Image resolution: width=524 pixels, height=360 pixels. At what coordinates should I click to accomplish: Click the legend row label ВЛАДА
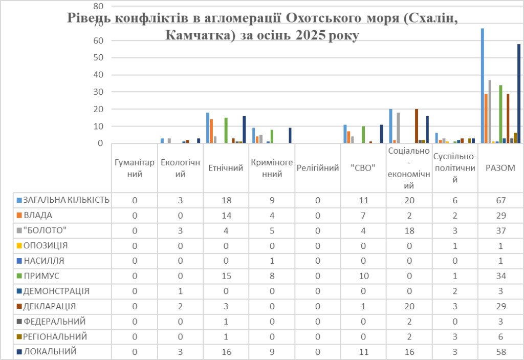pyautogui.click(x=35, y=215)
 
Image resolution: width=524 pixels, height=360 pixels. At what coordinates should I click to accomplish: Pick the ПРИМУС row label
pyautogui.click(x=39, y=276)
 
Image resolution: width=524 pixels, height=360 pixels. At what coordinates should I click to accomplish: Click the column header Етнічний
pyautogui.click(x=226, y=168)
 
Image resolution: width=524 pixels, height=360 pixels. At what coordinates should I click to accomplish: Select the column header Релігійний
pyautogui.click(x=317, y=168)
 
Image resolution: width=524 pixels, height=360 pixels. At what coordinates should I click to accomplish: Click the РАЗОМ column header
pyautogui.click(x=500, y=168)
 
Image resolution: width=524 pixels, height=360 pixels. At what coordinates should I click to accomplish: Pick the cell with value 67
pyautogui.click(x=500, y=200)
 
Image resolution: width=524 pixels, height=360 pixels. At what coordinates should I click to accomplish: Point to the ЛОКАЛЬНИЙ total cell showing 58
pyautogui.click(x=500, y=352)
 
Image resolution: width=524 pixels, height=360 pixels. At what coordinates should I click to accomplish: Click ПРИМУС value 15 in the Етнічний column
pyautogui.click(x=226, y=276)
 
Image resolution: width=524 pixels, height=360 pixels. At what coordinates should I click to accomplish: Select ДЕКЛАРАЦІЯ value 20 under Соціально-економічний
pyautogui.click(x=409, y=306)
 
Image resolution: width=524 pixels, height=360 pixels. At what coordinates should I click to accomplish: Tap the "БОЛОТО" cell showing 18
pyautogui.click(x=409, y=230)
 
